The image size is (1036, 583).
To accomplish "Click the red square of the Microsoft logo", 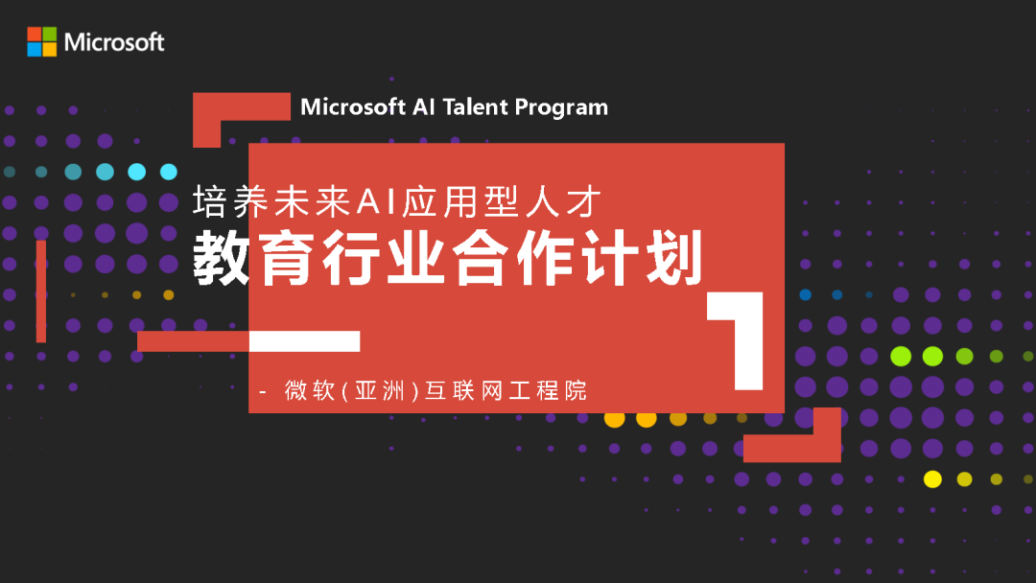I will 35,34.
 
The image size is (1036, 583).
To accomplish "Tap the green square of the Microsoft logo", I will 49,34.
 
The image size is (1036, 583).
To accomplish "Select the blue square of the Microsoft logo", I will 35,49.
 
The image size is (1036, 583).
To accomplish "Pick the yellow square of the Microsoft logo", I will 49,49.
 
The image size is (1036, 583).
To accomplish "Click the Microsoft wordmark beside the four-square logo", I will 114,42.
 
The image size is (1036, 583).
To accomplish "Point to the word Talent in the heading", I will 475,106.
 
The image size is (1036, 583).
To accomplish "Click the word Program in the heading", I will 561,107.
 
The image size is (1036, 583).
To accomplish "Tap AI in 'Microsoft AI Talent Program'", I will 425,106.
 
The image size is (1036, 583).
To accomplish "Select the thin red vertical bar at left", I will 41,291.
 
